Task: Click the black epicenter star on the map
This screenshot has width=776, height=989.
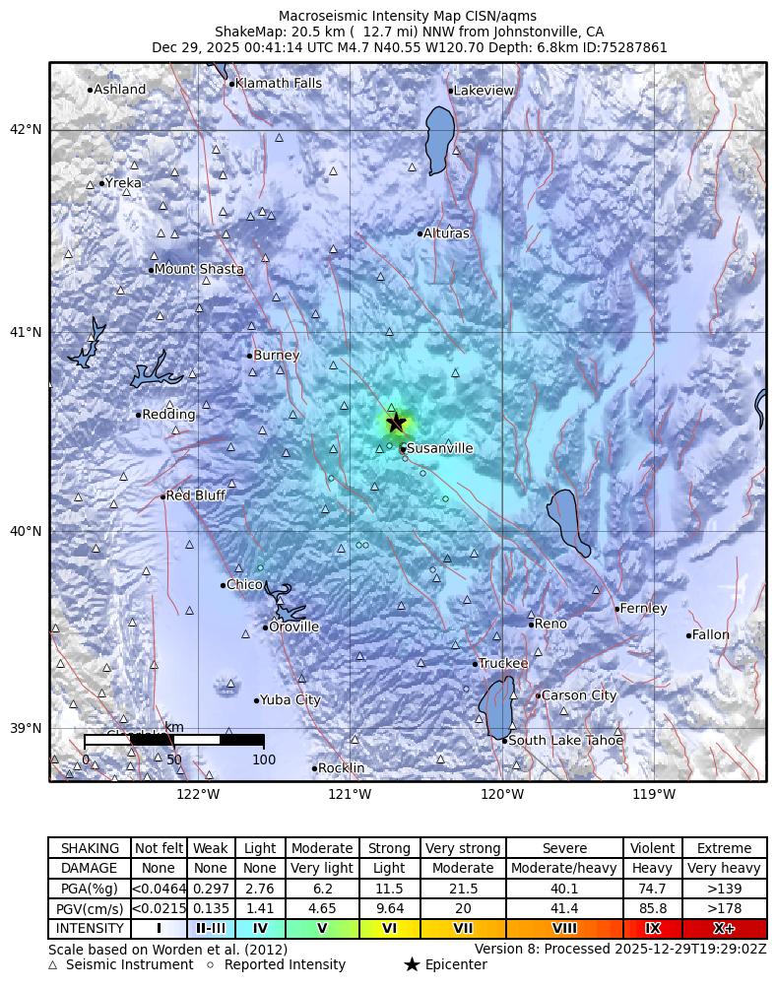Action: (396, 423)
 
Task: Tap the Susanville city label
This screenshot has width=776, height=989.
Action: (439, 448)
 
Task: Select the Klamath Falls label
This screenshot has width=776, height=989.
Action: (279, 84)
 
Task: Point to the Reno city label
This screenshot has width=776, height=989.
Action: (550, 624)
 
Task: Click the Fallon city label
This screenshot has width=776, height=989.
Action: (710, 635)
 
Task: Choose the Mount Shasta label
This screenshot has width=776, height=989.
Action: (199, 269)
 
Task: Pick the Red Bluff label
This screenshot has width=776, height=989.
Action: (196, 495)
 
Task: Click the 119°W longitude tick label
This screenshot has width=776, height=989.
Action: (653, 794)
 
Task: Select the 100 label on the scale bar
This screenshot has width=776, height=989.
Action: (264, 759)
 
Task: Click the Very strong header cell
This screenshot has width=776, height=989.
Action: (463, 848)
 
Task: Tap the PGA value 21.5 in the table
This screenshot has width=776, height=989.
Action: (463, 889)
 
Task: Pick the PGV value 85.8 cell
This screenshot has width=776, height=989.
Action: (652, 908)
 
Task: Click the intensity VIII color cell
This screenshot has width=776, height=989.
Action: (564, 928)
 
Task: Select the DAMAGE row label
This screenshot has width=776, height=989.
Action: (90, 869)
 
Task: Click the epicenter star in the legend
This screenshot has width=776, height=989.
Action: (412, 964)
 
